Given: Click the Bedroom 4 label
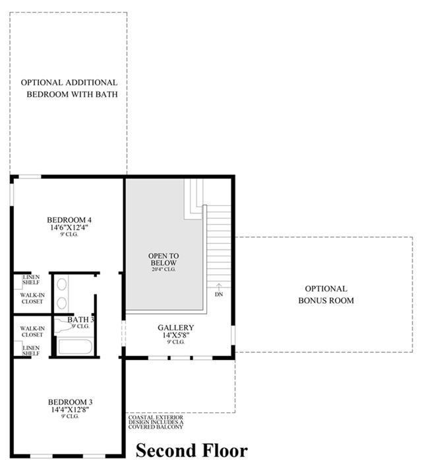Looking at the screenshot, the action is click(x=69, y=220).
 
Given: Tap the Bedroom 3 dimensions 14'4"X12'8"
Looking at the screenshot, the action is click(x=70, y=410).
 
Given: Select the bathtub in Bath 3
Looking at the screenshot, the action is click(x=75, y=346).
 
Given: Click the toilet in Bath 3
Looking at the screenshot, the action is click(x=63, y=326).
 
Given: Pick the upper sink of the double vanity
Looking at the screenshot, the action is click(x=61, y=284).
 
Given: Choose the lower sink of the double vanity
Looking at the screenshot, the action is click(x=61, y=303).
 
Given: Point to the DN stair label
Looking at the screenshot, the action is click(x=219, y=294).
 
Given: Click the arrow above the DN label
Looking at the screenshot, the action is click(x=219, y=287).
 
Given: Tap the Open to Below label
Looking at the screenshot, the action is click(x=164, y=259).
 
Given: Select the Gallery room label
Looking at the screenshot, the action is click(x=176, y=328).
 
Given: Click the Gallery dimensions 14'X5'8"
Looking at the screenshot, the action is click(x=176, y=335).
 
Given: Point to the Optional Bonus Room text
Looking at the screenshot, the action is click(x=326, y=295).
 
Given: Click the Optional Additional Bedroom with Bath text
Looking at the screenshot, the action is click(x=69, y=88).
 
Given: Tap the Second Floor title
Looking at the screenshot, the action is click(x=192, y=450).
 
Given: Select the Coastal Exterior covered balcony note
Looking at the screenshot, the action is click(x=156, y=422).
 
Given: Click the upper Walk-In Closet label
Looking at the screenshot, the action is click(x=32, y=299).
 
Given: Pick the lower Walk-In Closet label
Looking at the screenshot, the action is click(x=32, y=332).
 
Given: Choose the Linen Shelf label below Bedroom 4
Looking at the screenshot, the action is click(x=31, y=279).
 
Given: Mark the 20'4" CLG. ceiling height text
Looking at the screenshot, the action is click(x=164, y=269).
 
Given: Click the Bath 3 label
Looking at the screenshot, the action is click(x=80, y=320).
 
